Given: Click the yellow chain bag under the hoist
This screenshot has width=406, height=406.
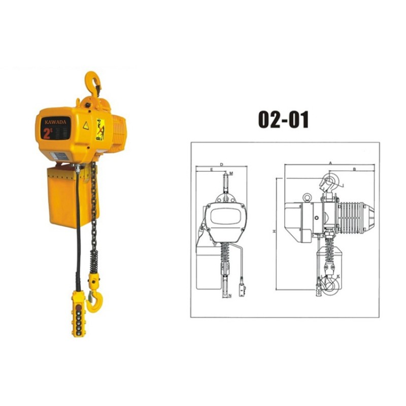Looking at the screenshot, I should [69, 195].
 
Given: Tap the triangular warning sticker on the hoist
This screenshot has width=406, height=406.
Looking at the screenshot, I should [86, 125].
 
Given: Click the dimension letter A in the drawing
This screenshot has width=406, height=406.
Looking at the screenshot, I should [330, 162].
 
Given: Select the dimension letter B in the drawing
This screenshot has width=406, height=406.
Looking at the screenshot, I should [354, 168].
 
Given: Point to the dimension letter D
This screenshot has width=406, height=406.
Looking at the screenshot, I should [222, 164].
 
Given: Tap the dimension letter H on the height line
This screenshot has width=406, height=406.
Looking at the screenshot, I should [274, 231].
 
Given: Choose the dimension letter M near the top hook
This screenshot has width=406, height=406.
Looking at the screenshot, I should [231, 174].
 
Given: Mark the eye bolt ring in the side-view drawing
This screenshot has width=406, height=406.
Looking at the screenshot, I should [306, 197].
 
